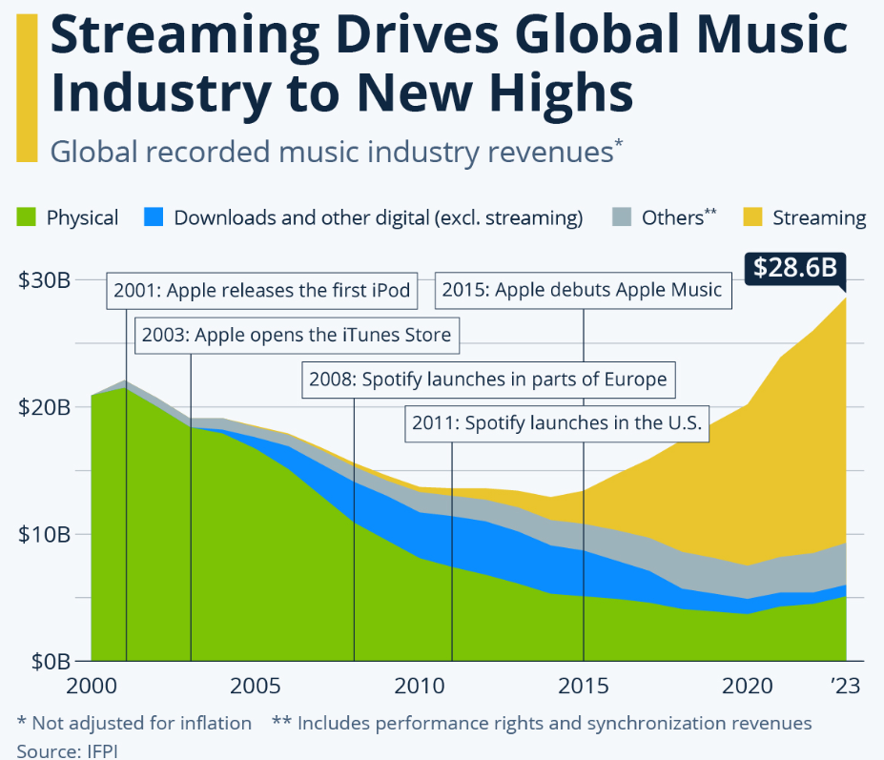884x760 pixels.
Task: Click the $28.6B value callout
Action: click(x=794, y=267)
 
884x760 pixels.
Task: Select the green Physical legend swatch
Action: click(x=26, y=217)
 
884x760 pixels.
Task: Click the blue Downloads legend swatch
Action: click(x=153, y=217)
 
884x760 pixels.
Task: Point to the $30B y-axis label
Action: click(x=44, y=280)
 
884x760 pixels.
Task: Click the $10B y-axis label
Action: click(x=44, y=533)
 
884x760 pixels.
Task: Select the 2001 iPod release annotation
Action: click(x=262, y=291)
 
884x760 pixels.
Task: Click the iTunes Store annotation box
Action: click(x=296, y=336)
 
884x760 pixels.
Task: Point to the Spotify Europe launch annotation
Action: click(x=487, y=380)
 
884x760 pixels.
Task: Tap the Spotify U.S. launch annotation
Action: click(x=557, y=423)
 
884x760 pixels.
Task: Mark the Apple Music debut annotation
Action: click(x=583, y=291)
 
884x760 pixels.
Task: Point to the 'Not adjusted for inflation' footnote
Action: click(x=134, y=723)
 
